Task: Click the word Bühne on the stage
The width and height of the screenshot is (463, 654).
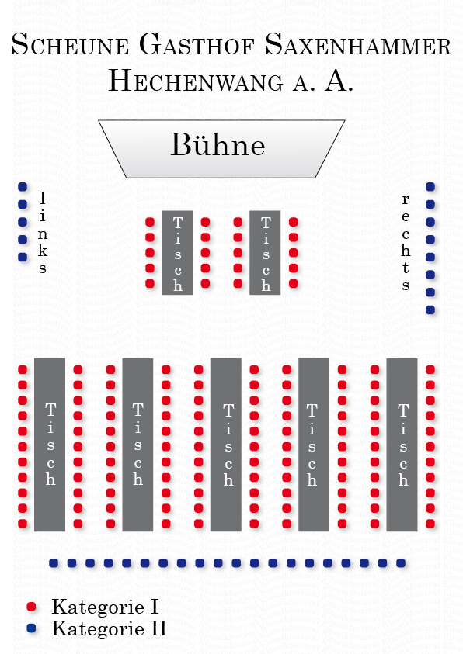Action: click(x=218, y=144)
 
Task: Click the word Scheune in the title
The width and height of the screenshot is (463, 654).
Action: click(x=70, y=44)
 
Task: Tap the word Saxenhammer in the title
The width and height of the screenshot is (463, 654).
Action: click(x=358, y=44)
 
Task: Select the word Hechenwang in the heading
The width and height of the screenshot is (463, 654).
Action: click(x=196, y=81)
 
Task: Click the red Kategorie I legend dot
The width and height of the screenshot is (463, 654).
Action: click(x=31, y=607)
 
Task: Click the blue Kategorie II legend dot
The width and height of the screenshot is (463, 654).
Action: click(x=31, y=628)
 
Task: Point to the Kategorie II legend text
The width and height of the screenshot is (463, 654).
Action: click(x=110, y=628)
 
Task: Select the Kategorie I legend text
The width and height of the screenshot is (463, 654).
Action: click(x=105, y=607)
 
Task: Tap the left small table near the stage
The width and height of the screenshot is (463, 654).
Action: click(x=177, y=253)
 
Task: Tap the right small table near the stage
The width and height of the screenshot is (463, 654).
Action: click(x=265, y=253)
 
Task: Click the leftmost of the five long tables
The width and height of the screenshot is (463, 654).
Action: click(x=50, y=445)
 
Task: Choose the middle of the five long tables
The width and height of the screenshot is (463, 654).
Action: click(x=226, y=445)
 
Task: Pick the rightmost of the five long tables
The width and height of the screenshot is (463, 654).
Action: click(x=402, y=445)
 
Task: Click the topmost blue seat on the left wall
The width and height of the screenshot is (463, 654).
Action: click(x=23, y=187)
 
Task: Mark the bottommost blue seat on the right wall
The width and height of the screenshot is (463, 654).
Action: click(x=430, y=310)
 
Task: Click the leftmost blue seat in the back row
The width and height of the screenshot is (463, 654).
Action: click(x=54, y=563)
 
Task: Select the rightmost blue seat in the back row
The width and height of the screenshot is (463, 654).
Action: click(x=401, y=563)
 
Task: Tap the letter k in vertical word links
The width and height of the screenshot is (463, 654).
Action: click(x=43, y=251)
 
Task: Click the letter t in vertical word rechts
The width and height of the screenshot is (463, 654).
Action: click(x=406, y=268)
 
